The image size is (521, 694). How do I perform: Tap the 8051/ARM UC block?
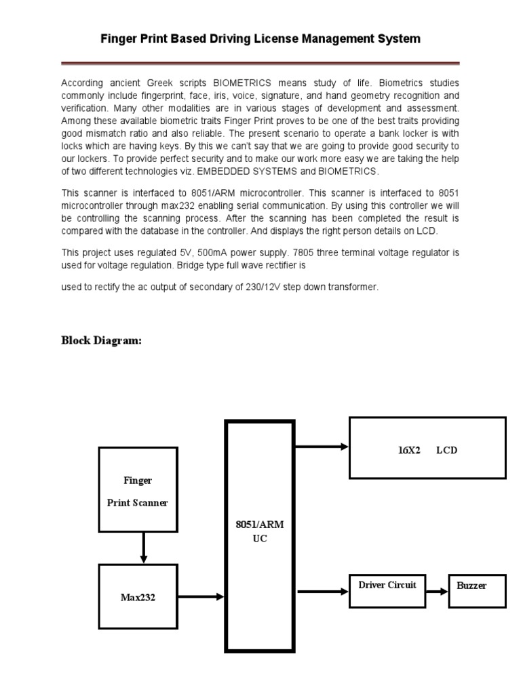[260, 535]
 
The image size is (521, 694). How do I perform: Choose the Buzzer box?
[477, 586]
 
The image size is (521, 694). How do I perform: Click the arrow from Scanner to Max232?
[143, 548]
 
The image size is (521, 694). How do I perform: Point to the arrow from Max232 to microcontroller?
[200, 596]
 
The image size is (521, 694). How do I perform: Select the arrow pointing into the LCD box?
[322, 446]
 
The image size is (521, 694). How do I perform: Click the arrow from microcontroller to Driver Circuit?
[323, 591]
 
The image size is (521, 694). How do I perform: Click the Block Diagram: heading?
[102, 340]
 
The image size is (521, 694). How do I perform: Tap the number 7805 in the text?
[303, 252]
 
